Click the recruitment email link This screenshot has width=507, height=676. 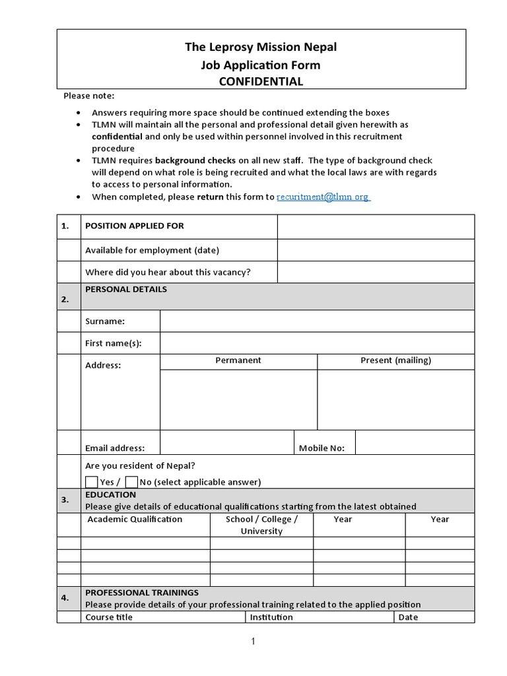click(323, 197)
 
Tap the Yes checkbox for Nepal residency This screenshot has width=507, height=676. click(92, 481)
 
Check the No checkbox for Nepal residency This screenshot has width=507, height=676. click(131, 481)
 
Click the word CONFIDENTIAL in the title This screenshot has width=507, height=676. click(261, 81)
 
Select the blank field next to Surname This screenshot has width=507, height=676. click(317, 321)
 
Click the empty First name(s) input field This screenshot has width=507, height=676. click(317, 343)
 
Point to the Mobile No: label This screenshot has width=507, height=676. click(321, 448)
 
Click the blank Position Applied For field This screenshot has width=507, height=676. click(376, 226)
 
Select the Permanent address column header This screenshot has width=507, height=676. click(238, 360)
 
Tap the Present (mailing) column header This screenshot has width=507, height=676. click(395, 360)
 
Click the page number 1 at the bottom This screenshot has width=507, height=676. click(253, 642)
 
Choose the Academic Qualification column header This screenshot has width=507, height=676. click(135, 520)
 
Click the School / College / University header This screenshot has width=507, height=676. click(261, 525)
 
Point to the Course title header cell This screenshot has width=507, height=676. click(109, 617)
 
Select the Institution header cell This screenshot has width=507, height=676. click(271, 617)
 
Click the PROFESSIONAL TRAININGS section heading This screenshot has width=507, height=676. click(142, 593)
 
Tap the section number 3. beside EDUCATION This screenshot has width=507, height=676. click(65, 500)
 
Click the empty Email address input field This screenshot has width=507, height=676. click(226, 442)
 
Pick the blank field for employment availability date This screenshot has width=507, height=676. click(376, 250)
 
